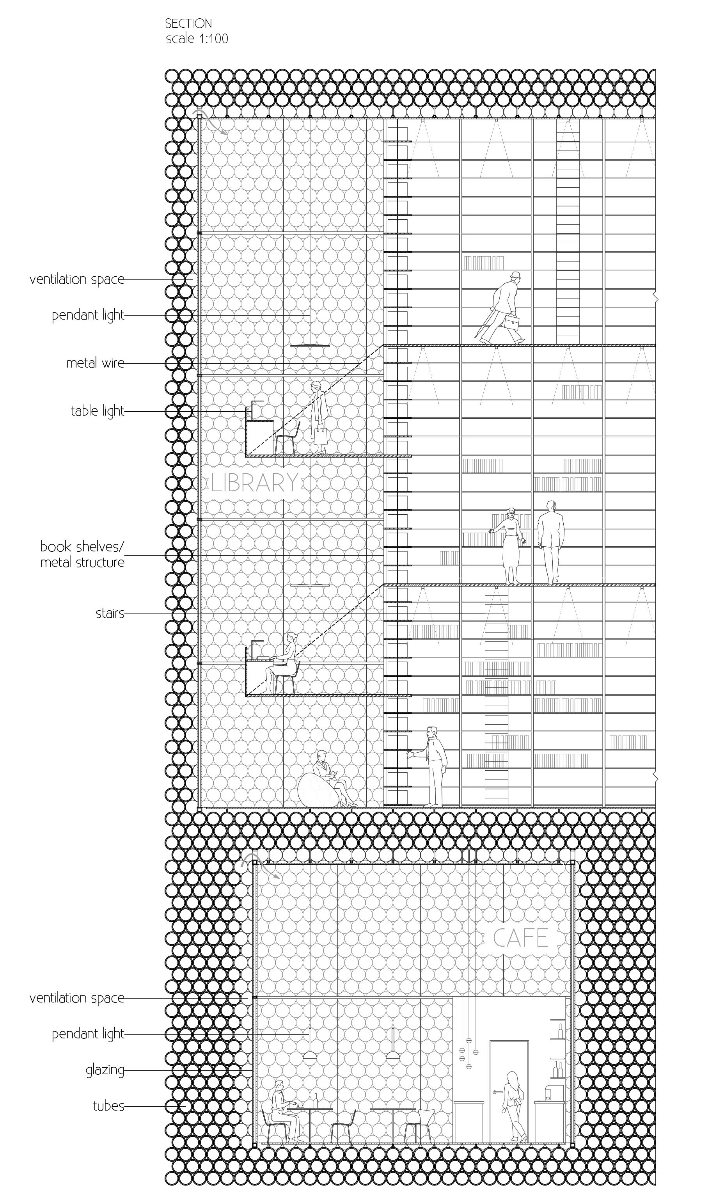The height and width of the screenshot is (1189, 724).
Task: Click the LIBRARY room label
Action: pos(255,483)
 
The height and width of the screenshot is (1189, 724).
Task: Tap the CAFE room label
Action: pos(520,938)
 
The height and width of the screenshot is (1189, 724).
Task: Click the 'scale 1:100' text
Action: pos(197,39)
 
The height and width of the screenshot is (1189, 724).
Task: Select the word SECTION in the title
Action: pos(188,23)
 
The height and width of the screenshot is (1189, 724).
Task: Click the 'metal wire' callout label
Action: pos(95,363)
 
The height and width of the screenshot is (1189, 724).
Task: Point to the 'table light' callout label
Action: pos(97,411)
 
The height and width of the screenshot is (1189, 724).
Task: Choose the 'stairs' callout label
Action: pos(110,613)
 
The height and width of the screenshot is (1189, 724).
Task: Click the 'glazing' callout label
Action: pos(105,1070)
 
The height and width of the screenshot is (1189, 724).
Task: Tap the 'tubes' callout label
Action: pos(108,1105)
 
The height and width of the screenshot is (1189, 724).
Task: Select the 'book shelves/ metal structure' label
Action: pos(82,555)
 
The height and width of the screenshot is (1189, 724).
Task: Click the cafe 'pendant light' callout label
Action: pos(88,1034)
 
